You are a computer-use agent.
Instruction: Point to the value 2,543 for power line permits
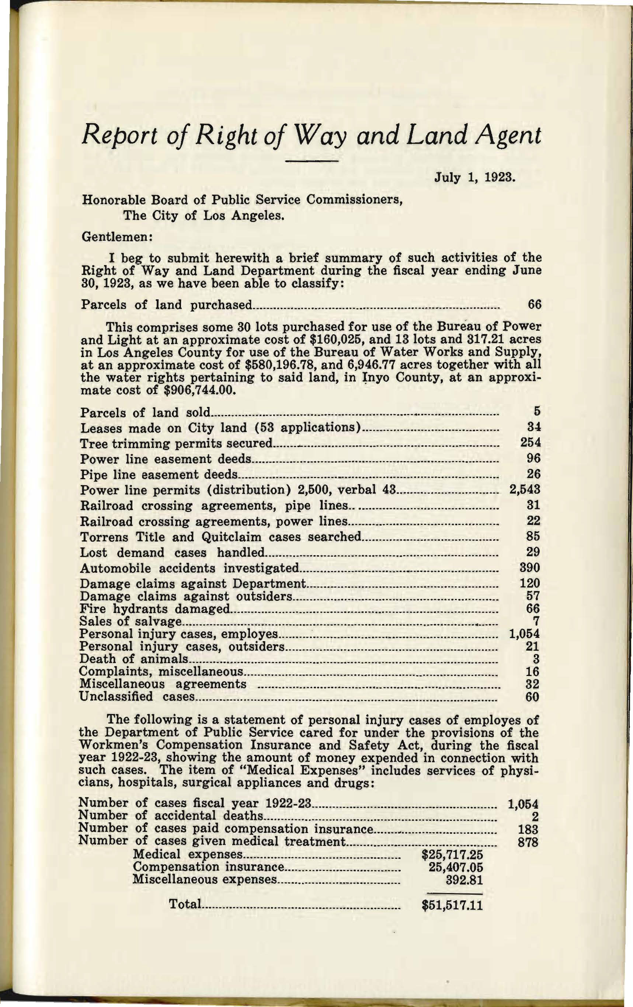[525, 489]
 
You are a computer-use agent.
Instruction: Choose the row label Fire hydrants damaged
[154, 609]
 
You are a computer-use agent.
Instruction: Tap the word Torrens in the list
[103, 537]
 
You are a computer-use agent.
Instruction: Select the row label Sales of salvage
[130, 621]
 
